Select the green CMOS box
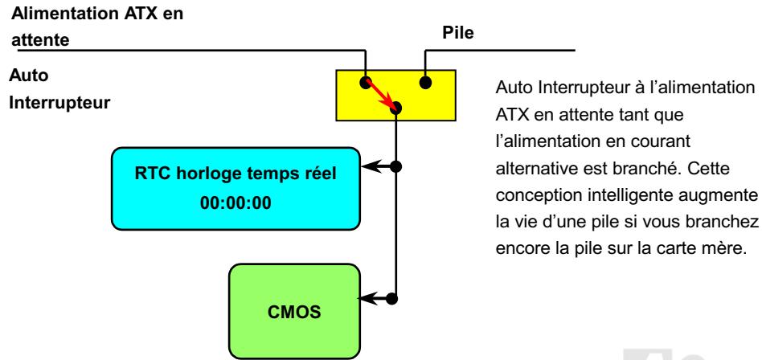(x=293, y=310)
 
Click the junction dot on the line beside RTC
(x=394, y=168)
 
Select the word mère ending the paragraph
(x=731, y=246)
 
